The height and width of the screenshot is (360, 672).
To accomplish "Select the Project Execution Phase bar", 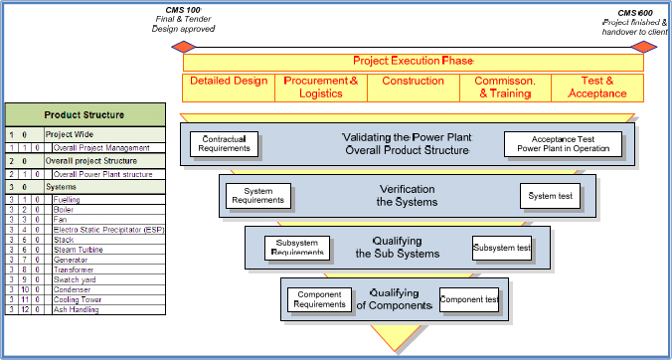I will (x=412, y=62).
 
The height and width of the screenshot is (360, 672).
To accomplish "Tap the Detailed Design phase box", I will (x=228, y=88).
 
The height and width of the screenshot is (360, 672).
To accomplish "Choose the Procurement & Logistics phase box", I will (x=320, y=88).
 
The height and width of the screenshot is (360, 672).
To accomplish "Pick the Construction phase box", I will (x=413, y=88).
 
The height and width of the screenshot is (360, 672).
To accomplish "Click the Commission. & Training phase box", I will (x=505, y=88).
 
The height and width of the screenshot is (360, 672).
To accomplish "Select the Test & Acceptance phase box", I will (x=597, y=88).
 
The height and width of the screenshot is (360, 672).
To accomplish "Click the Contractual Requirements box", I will (x=224, y=144).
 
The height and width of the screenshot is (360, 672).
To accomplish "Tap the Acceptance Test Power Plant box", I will (x=563, y=144).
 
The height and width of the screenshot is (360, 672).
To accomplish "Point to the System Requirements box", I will (x=256, y=195).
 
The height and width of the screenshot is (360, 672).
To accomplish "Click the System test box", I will (x=551, y=196).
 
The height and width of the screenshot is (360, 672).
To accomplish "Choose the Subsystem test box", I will (x=501, y=248).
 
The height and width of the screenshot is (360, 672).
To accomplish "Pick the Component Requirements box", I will (x=321, y=298).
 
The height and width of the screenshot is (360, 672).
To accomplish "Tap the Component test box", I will (x=469, y=298).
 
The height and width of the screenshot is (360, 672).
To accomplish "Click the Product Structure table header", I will (x=85, y=114).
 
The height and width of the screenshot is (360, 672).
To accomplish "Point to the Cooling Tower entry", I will (x=79, y=300).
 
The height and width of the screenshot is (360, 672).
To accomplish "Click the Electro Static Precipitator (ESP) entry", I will (x=100, y=230).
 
